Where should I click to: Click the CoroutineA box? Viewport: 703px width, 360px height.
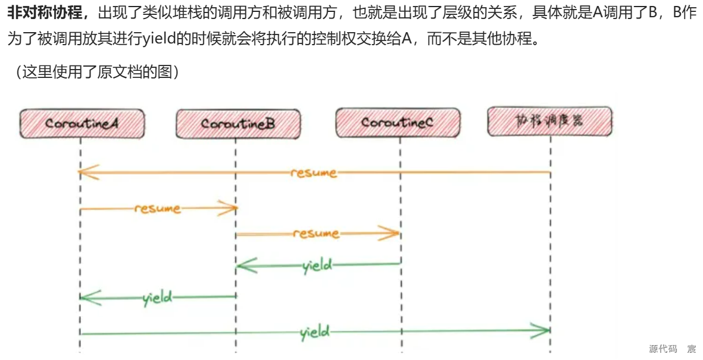click(82, 124)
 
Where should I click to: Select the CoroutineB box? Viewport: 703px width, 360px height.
click(238, 124)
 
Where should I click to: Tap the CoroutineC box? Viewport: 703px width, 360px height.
click(397, 123)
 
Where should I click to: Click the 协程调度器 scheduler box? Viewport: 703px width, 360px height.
click(549, 121)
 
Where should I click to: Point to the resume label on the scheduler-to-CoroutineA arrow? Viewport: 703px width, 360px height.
click(314, 173)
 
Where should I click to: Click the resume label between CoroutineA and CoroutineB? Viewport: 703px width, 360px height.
click(157, 209)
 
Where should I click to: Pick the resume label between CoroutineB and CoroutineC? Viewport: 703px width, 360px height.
click(316, 234)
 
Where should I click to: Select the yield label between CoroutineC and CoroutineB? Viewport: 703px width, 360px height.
click(317, 265)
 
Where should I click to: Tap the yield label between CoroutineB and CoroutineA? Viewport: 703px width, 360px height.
click(158, 297)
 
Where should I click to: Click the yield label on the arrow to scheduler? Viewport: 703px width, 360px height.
click(315, 331)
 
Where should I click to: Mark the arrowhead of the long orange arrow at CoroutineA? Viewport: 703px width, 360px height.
click(87, 172)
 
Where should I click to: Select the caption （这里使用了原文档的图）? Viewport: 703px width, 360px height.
click(94, 72)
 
